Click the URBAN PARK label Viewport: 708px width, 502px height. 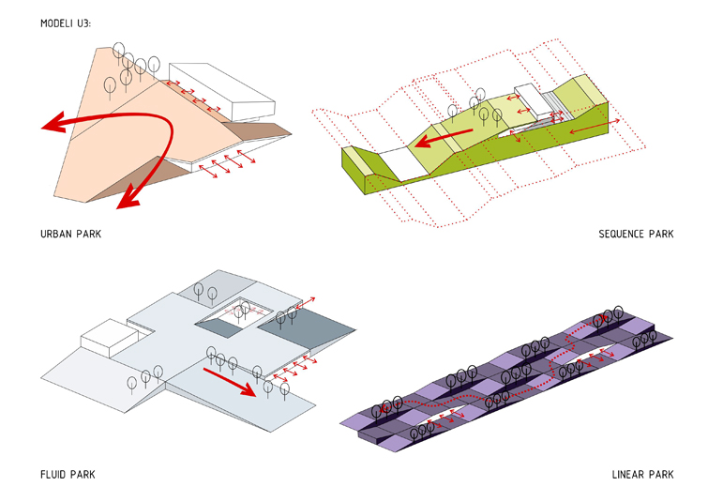click(x=70, y=234)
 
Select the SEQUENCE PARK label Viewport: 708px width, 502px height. click(x=636, y=234)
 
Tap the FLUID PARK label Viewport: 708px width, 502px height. click(x=68, y=474)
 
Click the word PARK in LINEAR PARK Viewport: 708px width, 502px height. click(x=659, y=474)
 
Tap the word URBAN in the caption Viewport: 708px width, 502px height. click(x=57, y=234)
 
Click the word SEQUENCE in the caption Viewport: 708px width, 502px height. click(x=622, y=234)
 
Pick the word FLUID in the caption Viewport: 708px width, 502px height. click(x=53, y=474)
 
